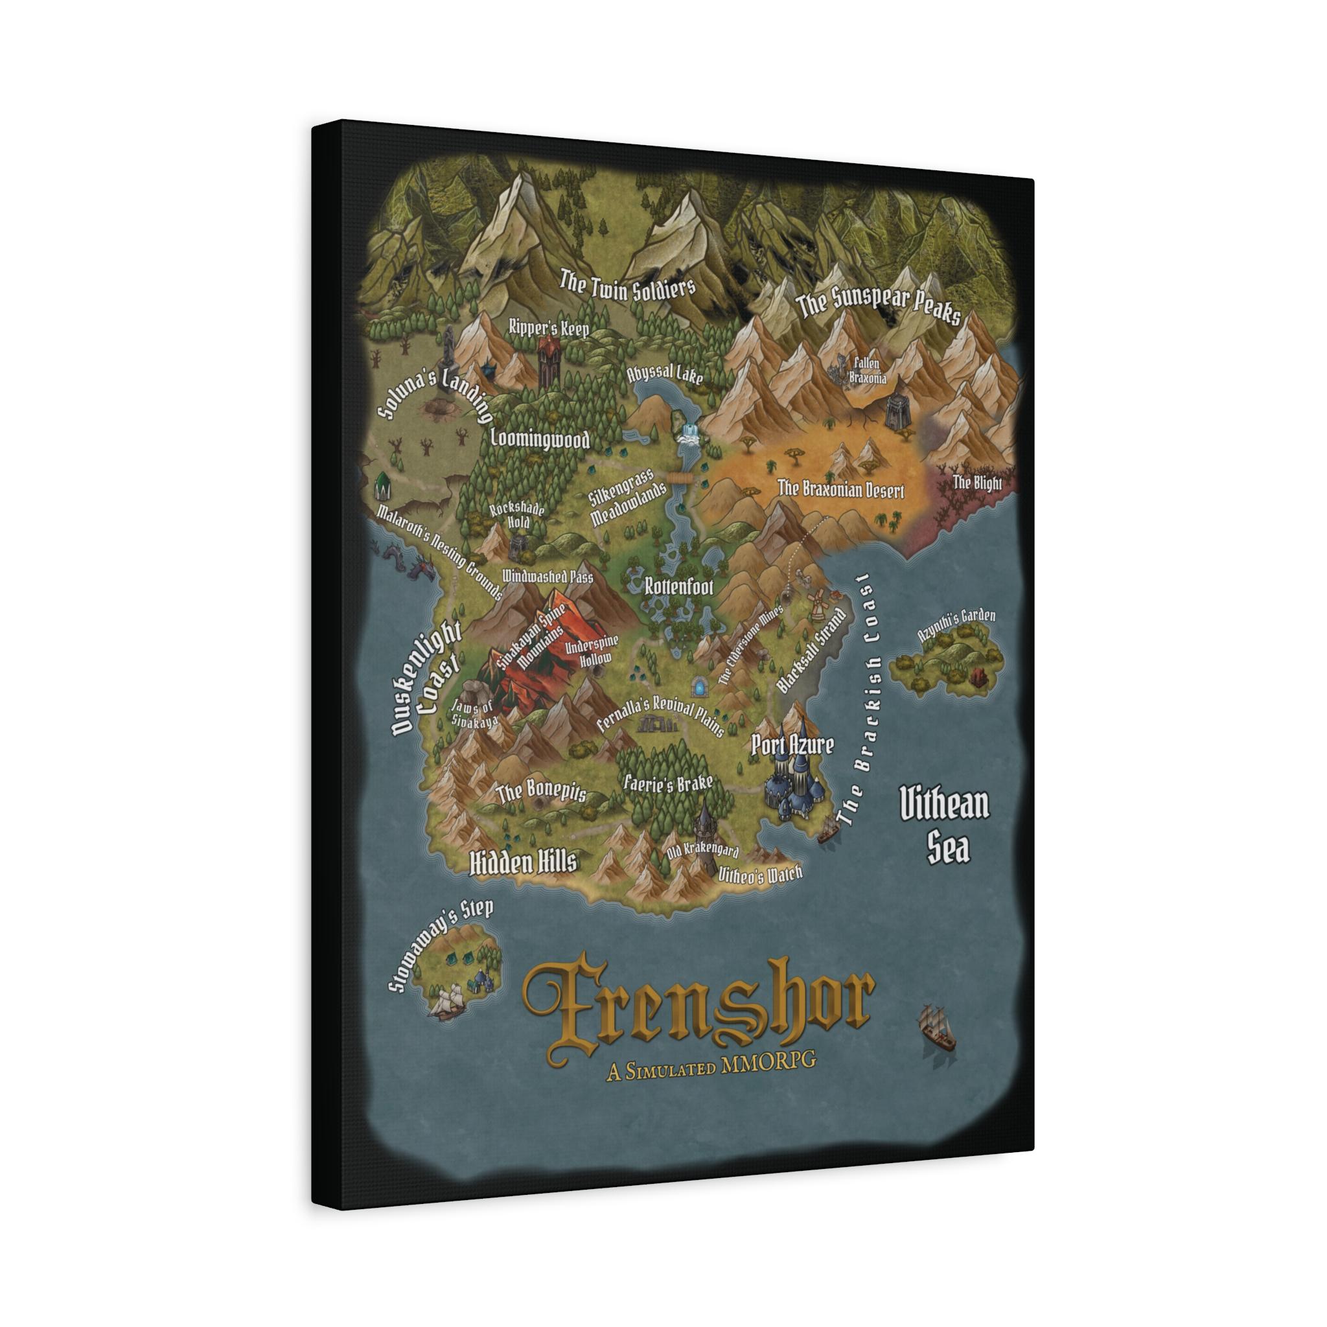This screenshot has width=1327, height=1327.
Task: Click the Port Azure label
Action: tap(792, 744)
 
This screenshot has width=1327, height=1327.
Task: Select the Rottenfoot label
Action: tap(678, 586)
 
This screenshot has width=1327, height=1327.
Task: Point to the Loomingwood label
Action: tap(540, 438)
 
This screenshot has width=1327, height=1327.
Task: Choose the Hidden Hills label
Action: tap(523, 862)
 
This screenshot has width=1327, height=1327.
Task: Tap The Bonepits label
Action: tap(541, 791)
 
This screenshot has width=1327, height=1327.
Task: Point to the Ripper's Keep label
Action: tap(549, 328)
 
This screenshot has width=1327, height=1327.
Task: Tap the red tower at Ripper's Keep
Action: tap(548, 358)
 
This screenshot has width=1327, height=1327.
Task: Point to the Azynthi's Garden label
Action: tap(957, 625)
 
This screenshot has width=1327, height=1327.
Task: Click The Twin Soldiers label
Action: tap(627, 286)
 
